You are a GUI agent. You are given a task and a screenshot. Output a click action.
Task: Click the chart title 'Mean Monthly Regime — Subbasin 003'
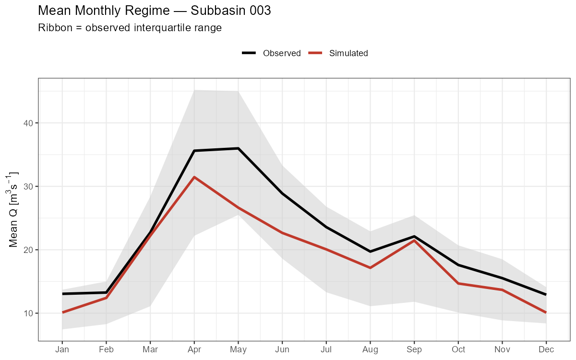[x=154, y=11]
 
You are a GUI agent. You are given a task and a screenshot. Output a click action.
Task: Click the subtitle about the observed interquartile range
[x=130, y=28]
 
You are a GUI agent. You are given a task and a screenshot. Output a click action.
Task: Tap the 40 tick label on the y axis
[x=29, y=123]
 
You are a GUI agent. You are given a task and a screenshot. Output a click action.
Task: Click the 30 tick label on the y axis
[x=29, y=186]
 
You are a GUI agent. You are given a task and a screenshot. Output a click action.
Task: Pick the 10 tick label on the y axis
[x=29, y=313]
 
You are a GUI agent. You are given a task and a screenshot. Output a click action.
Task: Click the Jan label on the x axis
[x=62, y=349]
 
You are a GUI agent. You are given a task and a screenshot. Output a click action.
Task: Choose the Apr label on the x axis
[x=194, y=349]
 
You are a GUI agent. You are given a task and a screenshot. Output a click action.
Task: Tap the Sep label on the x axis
[x=414, y=349]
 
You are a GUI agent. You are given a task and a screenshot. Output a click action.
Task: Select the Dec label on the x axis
[x=546, y=349]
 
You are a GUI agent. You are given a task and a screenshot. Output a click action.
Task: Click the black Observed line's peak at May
[x=238, y=148]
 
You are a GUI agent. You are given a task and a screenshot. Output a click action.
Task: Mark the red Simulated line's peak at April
[x=194, y=177]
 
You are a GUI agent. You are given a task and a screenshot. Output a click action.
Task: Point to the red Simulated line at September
[x=414, y=240]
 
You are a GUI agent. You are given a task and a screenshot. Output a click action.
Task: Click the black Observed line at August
[x=370, y=252]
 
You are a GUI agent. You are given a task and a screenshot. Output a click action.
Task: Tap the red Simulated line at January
[x=62, y=312]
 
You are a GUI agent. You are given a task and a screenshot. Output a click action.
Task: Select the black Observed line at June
[x=282, y=193]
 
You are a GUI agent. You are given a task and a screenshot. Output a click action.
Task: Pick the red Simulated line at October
[x=458, y=284]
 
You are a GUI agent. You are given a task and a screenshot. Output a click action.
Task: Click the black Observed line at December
[x=546, y=294]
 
